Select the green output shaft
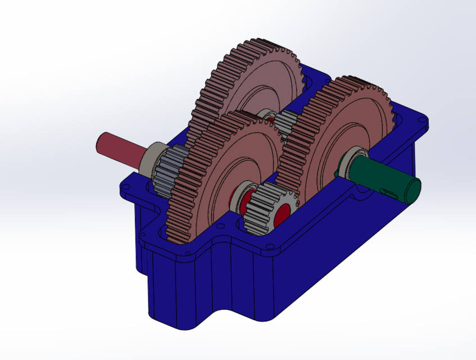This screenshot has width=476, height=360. point(388,179)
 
